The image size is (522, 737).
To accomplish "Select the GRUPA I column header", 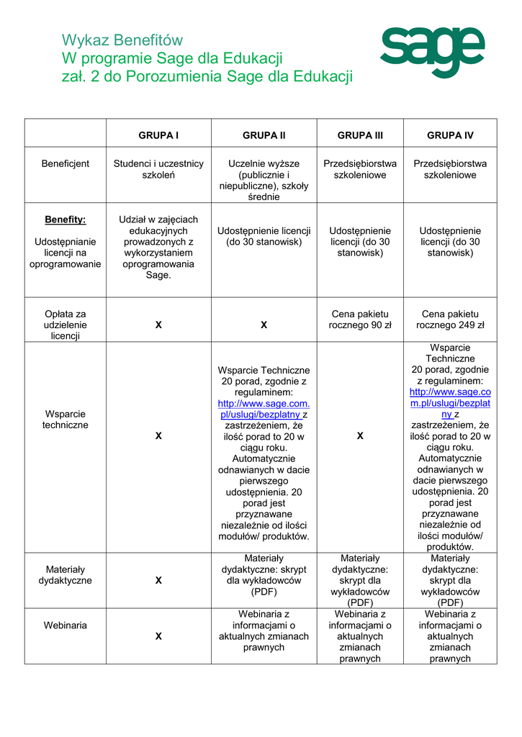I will (158, 135).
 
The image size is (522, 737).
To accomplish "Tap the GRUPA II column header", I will (264, 135).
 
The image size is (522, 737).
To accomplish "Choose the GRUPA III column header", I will (360, 135).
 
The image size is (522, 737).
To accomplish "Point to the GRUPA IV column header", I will (450, 135).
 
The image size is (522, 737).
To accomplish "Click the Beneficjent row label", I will (66, 163).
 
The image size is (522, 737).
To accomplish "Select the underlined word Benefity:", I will (66, 220).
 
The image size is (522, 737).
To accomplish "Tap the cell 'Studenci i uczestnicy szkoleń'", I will (158, 169).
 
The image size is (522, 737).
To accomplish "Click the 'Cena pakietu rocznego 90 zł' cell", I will (360, 320).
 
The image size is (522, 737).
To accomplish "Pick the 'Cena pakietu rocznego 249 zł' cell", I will (450, 320).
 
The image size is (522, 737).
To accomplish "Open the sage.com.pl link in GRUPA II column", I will (264, 409).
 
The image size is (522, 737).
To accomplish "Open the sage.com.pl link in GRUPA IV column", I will (450, 403).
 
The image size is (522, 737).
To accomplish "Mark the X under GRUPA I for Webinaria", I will (158, 636).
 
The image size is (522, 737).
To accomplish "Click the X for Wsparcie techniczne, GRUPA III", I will (360, 436).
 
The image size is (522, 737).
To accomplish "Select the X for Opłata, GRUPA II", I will (264, 325).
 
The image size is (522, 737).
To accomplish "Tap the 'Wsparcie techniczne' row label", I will (66, 420).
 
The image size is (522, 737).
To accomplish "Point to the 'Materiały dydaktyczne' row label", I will (66, 575).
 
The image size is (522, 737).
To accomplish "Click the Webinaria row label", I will (66, 625).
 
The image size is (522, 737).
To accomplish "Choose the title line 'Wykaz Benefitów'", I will (122, 40).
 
